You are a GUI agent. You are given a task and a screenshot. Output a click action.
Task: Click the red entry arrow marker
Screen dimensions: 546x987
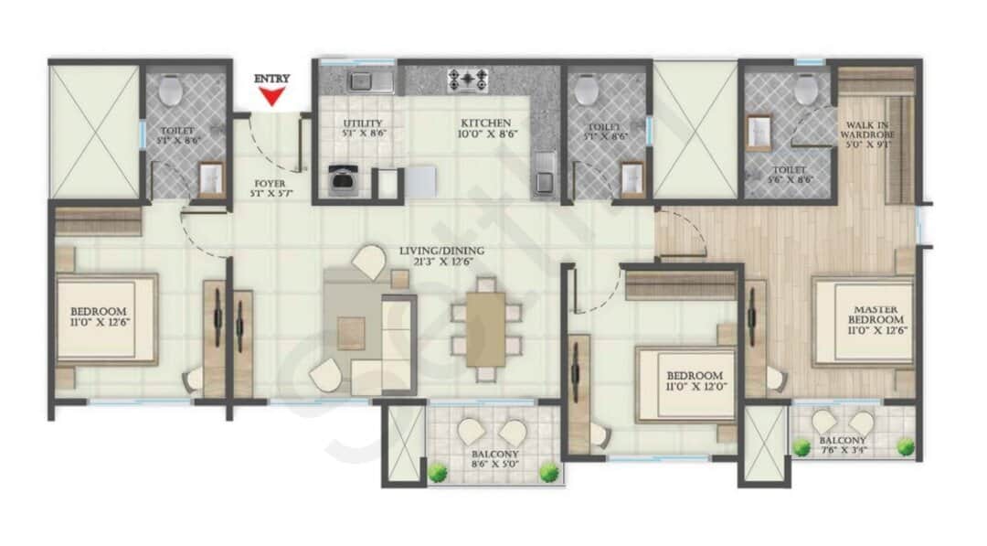pyautogui.click(x=271, y=91)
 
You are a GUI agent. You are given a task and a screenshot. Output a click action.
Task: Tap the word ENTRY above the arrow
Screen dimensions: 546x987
pyautogui.click(x=271, y=79)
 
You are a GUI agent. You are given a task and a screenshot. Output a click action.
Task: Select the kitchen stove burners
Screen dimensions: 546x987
pyautogui.click(x=467, y=80)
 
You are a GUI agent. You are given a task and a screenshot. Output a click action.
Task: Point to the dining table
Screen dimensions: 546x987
pyautogui.click(x=485, y=328)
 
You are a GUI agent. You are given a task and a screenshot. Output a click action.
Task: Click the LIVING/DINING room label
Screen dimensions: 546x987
pyautogui.click(x=440, y=251)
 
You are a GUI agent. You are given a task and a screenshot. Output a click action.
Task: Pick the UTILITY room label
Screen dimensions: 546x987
pyautogui.click(x=362, y=123)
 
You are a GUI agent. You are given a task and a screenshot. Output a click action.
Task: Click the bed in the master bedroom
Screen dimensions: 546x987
pyautogui.click(x=862, y=321)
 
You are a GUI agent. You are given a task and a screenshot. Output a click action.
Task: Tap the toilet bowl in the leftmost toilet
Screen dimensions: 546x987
pyautogui.click(x=170, y=90)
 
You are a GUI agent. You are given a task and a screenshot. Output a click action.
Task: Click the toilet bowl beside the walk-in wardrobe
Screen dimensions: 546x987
pyautogui.click(x=805, y=90)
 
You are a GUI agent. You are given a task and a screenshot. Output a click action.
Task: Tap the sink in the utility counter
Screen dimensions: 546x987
pyautogui.click(x=370, y=82)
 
